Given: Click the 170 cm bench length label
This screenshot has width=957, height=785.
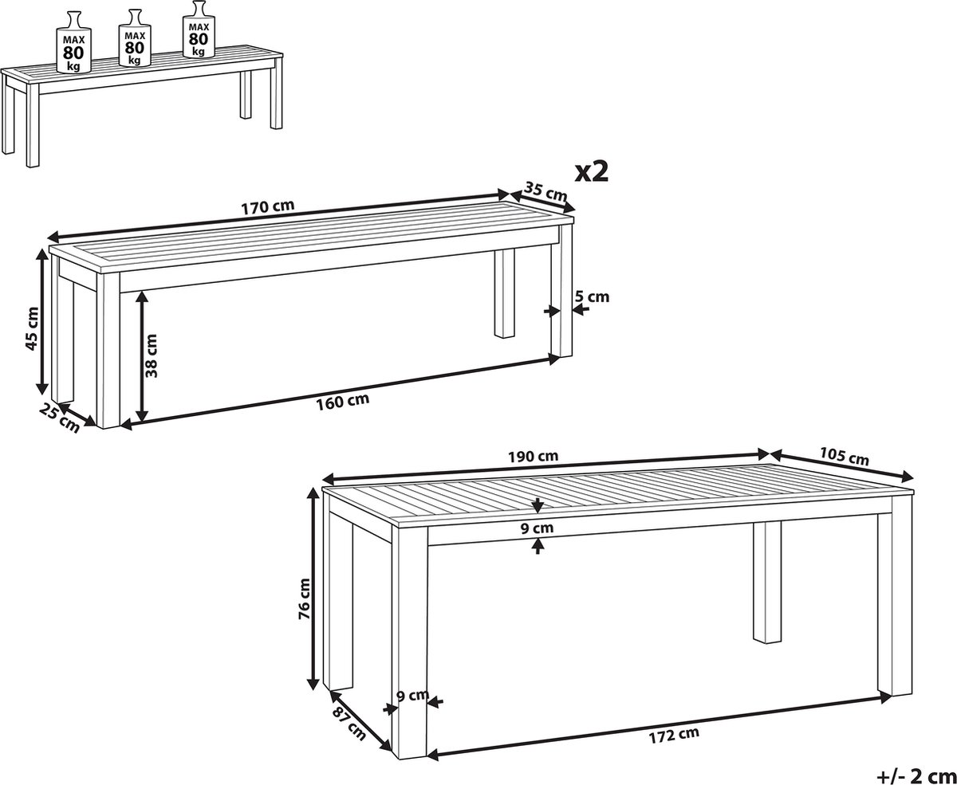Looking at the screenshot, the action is point(267,206).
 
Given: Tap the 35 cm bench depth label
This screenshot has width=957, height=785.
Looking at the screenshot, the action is point(546,191).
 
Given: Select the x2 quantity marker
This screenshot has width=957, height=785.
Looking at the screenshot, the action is point(591,172).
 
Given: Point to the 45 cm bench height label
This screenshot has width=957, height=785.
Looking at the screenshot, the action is point(32,328).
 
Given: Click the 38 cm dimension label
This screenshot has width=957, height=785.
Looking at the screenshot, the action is point(151,356).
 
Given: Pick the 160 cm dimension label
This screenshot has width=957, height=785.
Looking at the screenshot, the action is point(342,402).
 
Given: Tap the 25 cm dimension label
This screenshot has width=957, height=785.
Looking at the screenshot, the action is point(60,418).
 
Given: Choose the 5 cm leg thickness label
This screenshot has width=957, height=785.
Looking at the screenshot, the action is point(592,296).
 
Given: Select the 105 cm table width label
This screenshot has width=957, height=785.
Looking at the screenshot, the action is point(845,457).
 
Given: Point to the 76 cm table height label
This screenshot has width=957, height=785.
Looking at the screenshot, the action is point(304,599).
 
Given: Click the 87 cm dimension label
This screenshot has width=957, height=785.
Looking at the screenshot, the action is point(349,724).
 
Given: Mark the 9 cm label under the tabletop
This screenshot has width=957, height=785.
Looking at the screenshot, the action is point(538,528).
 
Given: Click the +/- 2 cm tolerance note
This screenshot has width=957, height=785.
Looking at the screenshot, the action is point(916,775).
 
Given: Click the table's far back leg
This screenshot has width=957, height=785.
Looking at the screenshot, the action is point(767,582).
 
